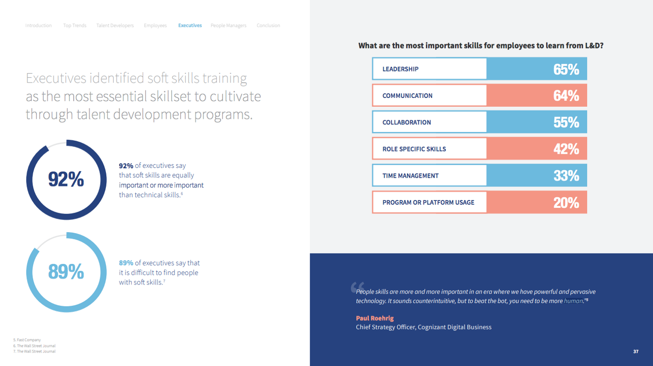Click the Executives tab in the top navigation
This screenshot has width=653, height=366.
click(190, 25)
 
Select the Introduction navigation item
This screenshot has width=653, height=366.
click(38, 25)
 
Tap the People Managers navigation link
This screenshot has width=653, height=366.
click(228, 26)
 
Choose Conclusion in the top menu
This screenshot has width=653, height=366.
click(268, 25)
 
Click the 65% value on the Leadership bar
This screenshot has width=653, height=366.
click(566, 69)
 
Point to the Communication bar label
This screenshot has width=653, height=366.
click(407, 96)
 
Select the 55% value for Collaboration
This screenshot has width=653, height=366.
click(566, 122)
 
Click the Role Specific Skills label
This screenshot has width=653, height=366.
click(414, 149)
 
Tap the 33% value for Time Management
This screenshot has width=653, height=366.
click(566, 175)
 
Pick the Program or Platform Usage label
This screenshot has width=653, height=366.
click(428, 202)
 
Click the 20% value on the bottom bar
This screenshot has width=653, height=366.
click(566, 202)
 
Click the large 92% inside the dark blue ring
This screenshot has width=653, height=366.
click(66, 179)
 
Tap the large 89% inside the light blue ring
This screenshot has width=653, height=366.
click(66, 271)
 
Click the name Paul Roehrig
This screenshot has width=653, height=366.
click(375, 318)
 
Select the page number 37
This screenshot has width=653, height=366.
click(636, 352)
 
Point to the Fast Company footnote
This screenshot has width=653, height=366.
click(27, 340)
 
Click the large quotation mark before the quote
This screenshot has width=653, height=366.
click(357, 287)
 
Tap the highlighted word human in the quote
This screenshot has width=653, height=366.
click(573, 301)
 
